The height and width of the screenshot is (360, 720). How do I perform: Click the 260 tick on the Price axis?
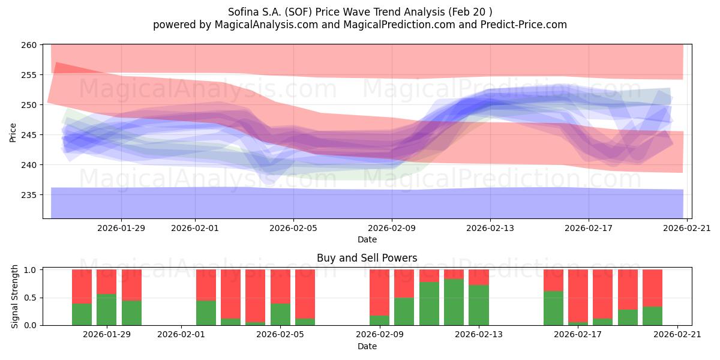pyautogui.click(x=30, y=45)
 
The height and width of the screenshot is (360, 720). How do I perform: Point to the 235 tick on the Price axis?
pyautogui.click(x=30, y=195)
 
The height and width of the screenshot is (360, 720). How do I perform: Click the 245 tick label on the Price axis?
pyautogui.click(x=30, y=135)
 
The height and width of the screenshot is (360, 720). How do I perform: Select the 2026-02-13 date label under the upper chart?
pyautogui.click(x=490, y=228)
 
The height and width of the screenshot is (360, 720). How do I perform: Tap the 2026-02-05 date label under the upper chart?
pyautogui.click(x=293, y=228)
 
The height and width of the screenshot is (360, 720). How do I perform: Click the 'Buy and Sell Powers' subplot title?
pyautogui.click(x=367, y=259)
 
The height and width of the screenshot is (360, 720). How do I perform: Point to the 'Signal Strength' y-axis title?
pyautogui.click(x=14, y=297)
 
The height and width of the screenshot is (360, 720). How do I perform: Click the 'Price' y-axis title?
pyautogui.click(x=13, y=131)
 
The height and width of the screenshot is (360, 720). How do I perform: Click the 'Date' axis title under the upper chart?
pyautogui.click(x=367, y=239)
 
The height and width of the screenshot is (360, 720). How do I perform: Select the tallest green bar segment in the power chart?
pyautogui.click(x=454, y=302)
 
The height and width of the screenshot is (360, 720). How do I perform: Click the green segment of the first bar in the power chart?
pyautogui.click(x=82, y=314)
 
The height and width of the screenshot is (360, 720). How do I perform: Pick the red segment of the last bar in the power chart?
pyautogui.click(x=652, y=288)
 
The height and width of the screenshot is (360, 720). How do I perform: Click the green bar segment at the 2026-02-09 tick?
pyautogui.click(x=379, y=320)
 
